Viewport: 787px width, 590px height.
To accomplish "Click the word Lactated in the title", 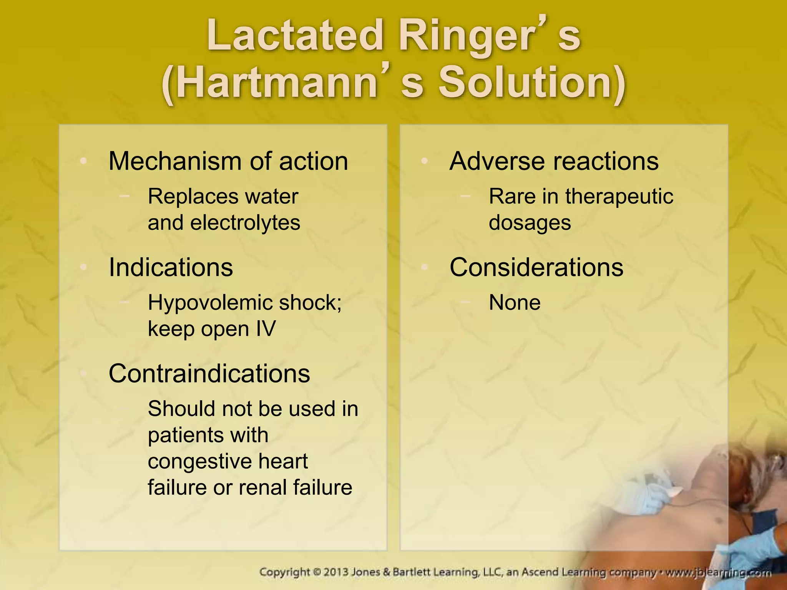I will click(294, 36).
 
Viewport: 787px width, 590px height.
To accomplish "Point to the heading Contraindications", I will click(209, 373).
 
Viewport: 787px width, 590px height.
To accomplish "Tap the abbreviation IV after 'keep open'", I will click(266, 329).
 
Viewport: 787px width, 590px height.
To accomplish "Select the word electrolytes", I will click(245, 223).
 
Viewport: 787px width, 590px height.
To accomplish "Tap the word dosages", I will click(530, 223).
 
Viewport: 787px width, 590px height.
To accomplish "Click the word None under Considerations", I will click(515, 303).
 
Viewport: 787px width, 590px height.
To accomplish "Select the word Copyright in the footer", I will click(284, 572).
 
